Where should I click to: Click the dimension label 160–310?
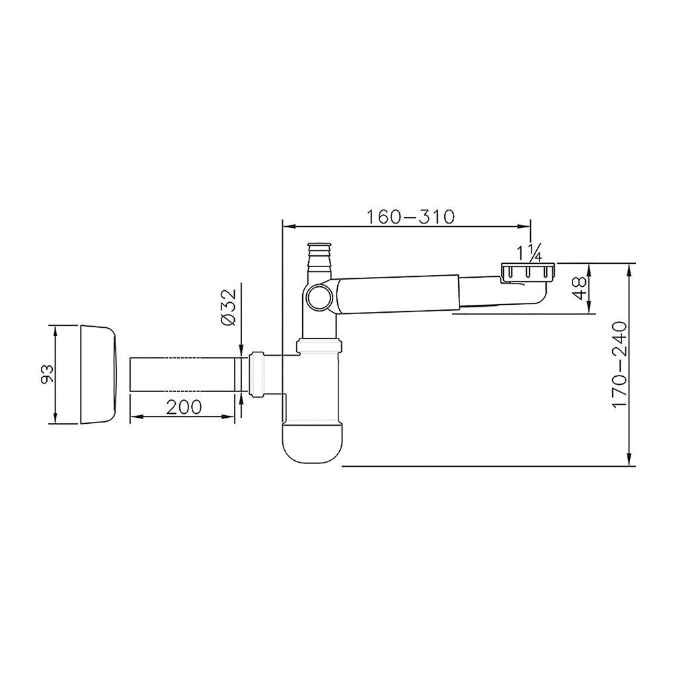[411, 217]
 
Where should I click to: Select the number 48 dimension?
[580, 288]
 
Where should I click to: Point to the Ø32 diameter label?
[229, 307]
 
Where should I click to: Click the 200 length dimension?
[184, 407]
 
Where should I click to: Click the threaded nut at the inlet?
[528, 272]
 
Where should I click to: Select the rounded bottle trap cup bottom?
[312, 443]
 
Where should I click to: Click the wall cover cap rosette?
[98, 374]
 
